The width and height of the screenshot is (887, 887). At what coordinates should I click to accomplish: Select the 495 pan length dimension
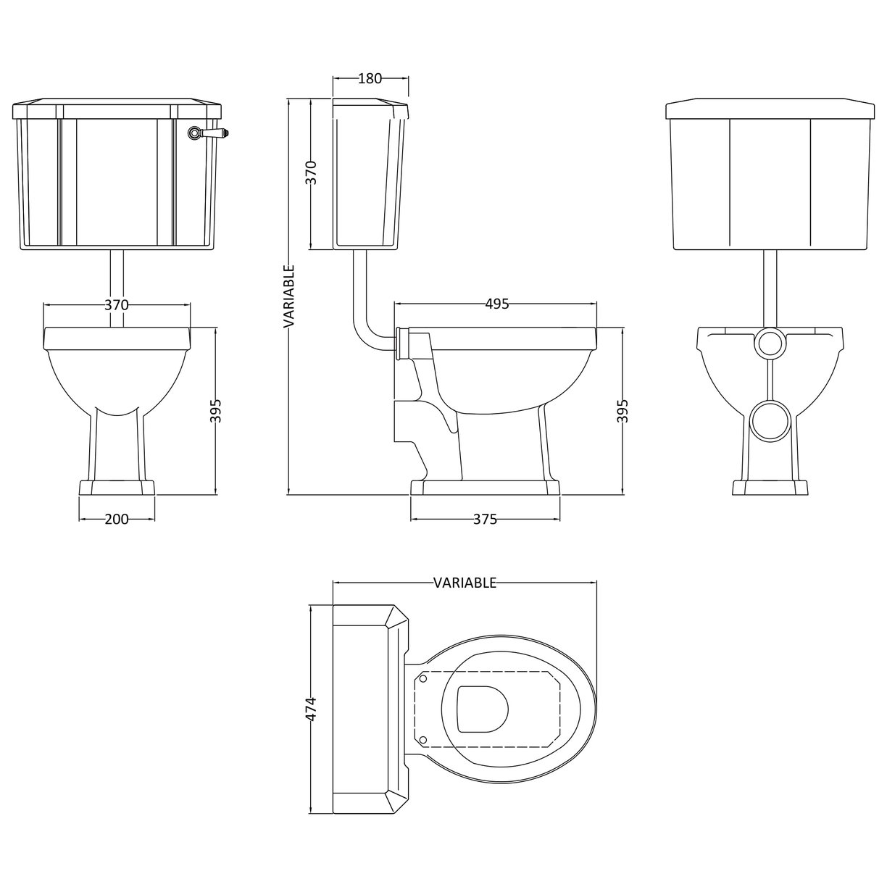496,304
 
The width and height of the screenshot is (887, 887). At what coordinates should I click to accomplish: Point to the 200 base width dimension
117,519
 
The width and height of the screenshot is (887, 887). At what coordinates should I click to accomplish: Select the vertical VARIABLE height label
288,297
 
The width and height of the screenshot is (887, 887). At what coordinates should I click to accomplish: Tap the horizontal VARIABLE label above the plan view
465,583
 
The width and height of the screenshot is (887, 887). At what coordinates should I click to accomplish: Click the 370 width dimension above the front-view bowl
116,305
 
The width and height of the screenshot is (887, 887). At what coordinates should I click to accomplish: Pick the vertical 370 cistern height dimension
311,172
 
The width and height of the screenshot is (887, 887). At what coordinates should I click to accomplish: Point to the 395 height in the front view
215,411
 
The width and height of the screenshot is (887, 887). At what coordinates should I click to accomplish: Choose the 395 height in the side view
623,411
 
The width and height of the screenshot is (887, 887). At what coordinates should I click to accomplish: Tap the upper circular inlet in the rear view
769,344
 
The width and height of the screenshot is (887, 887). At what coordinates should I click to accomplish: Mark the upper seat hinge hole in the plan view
425,680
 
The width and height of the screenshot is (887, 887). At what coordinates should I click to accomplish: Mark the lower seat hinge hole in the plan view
425,740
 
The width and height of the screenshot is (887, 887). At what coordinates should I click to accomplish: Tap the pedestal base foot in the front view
117,488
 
